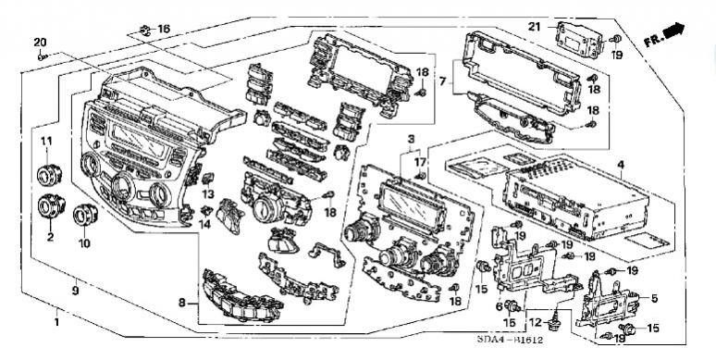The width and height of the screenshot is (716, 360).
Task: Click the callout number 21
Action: click(535, 27)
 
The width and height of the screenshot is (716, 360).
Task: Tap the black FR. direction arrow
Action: click(673, 31)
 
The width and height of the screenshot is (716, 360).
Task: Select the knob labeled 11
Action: click(49, 175)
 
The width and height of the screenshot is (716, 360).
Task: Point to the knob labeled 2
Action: click(51, 206)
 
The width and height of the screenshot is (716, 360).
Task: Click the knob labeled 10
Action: click(85, 215)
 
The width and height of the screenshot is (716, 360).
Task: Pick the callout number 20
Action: click(40, 43)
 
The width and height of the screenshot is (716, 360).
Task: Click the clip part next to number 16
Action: click(145, 31)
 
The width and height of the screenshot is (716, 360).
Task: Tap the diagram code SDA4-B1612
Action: click(510, 340)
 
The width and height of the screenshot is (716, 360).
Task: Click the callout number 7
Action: click(442, 82)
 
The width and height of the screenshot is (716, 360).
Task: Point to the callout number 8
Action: click(182, 302)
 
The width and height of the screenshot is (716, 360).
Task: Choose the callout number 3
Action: click(411, 139)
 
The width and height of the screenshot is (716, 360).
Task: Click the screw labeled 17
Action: click(420, 176)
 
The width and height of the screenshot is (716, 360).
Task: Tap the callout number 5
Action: click(654, 299)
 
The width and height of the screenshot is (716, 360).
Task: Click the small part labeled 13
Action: click(208, 179)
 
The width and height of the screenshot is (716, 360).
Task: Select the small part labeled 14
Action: click(206, 211)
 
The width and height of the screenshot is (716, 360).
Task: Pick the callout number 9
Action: click(75, 290)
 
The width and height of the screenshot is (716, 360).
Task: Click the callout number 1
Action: click(56, 323)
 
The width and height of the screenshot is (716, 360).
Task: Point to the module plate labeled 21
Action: click(579, 40)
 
